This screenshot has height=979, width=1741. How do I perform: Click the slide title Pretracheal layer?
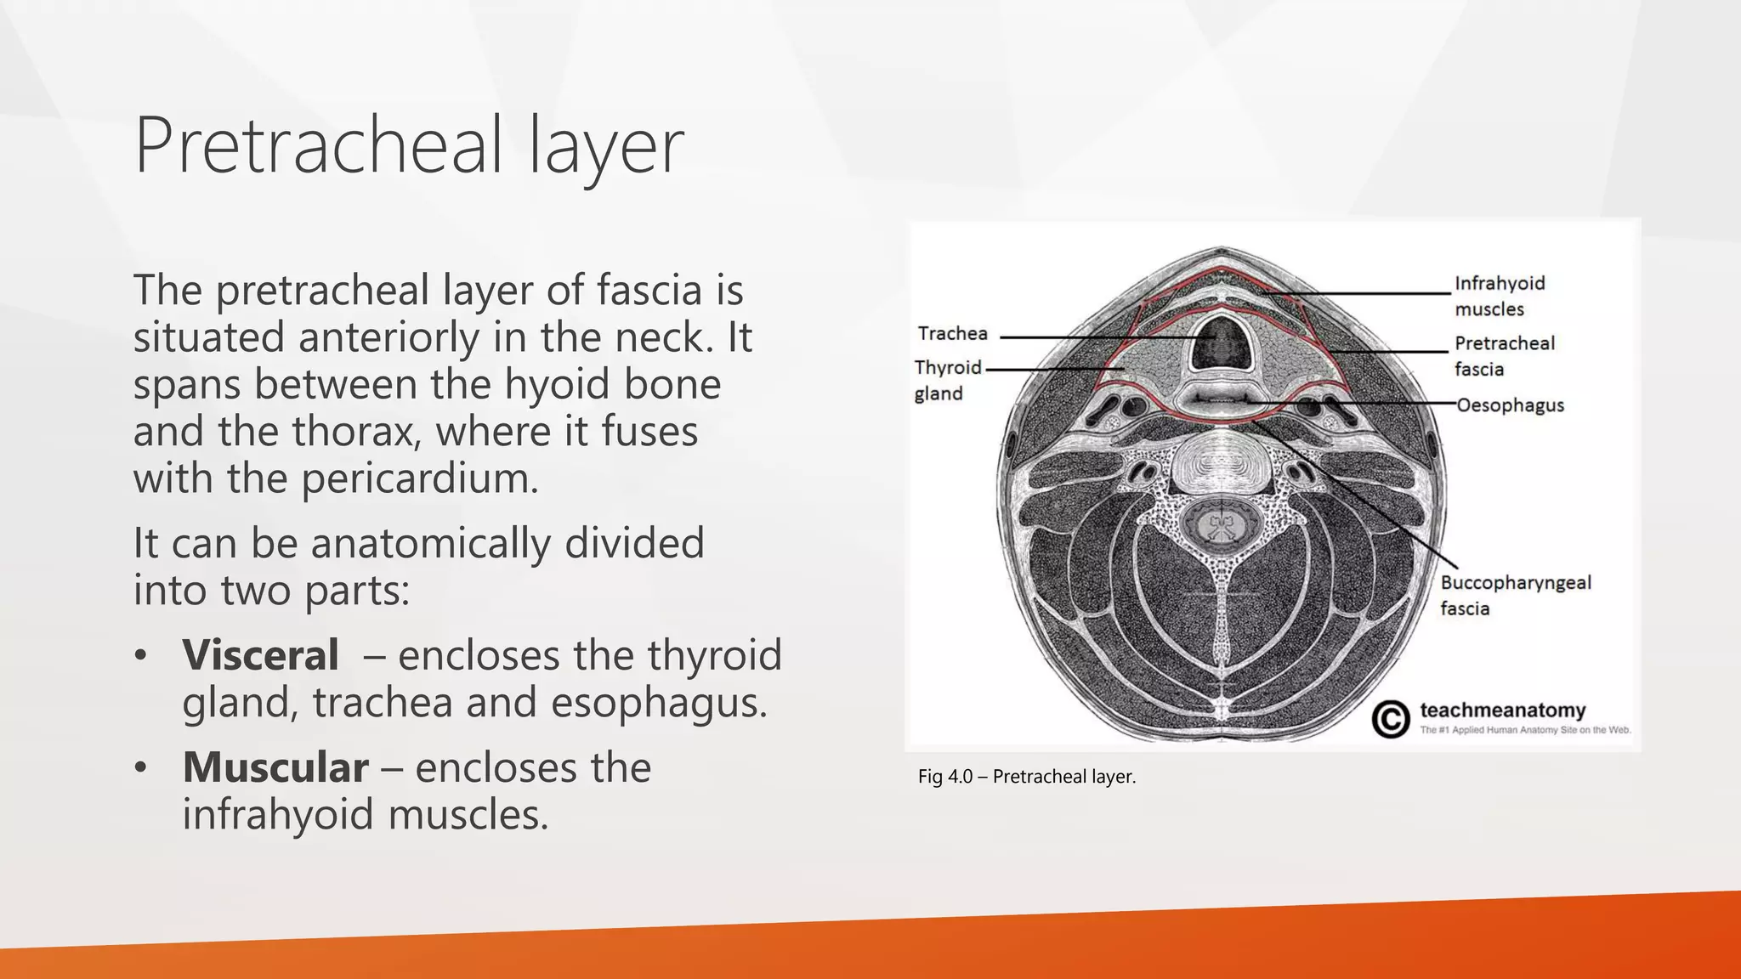click(408, 146)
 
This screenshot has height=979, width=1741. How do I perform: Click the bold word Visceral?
click(260, 655)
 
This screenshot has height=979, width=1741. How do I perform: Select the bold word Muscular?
click(275, 767)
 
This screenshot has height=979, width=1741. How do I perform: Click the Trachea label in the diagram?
click(952, 333)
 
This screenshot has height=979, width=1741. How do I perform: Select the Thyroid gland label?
click(947, 380)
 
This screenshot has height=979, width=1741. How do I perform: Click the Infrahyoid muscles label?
click(1500, 296)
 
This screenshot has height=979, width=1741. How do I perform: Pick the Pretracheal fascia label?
click(1504, 355)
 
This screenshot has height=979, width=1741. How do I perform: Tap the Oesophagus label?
click(1510, 405)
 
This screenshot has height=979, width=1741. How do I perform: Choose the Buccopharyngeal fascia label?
click(1515, 595)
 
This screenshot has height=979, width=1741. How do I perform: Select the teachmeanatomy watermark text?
click(1503, 710)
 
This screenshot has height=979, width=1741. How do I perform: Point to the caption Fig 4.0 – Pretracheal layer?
click(1027, 776)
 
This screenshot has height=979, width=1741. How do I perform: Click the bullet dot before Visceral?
click(141, 655)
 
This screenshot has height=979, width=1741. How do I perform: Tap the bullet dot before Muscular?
click(141, 767)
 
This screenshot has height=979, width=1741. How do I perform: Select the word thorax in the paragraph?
click(355, 431)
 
